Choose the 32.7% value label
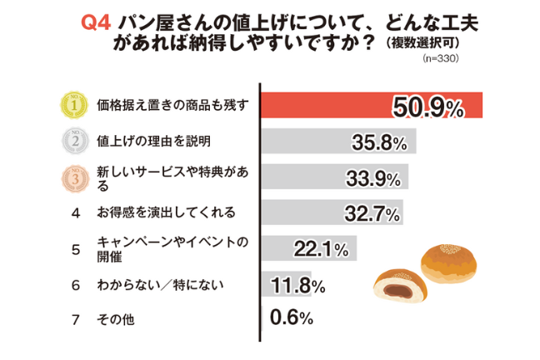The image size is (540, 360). click(x=369, y=214)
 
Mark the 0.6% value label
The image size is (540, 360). click(x=291, y=318)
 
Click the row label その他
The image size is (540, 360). click(x=115, y=319)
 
